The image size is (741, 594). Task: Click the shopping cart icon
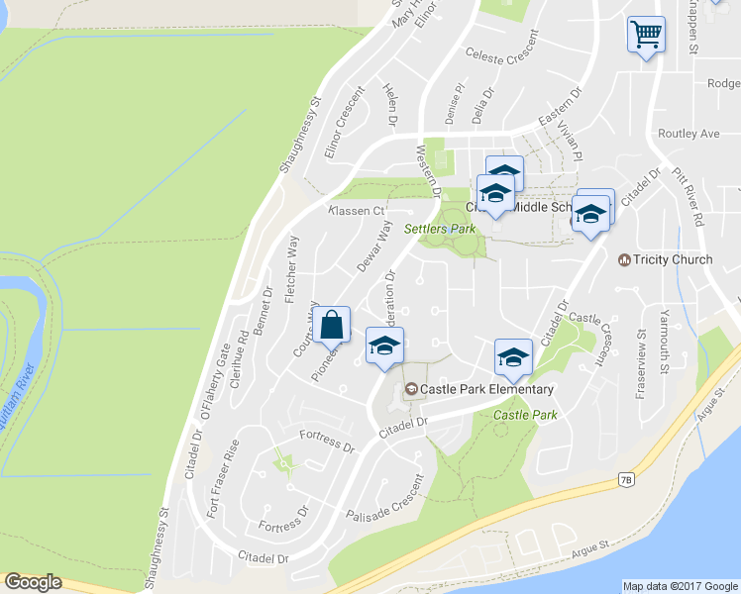[646, 35]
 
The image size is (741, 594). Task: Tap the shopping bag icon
[331, 324]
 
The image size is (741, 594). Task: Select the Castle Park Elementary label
[486, 389]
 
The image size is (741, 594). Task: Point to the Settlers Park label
[440, 229]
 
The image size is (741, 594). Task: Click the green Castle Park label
[524, 414]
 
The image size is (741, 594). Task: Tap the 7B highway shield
[626, 479]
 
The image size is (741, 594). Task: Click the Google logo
[35, 582]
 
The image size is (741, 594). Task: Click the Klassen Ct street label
[356, 211]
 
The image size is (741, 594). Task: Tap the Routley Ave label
[688, 133]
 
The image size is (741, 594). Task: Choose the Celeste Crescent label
[501, 58]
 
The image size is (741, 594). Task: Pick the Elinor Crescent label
[345, 130]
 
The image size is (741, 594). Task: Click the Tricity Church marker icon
[624, 260]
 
